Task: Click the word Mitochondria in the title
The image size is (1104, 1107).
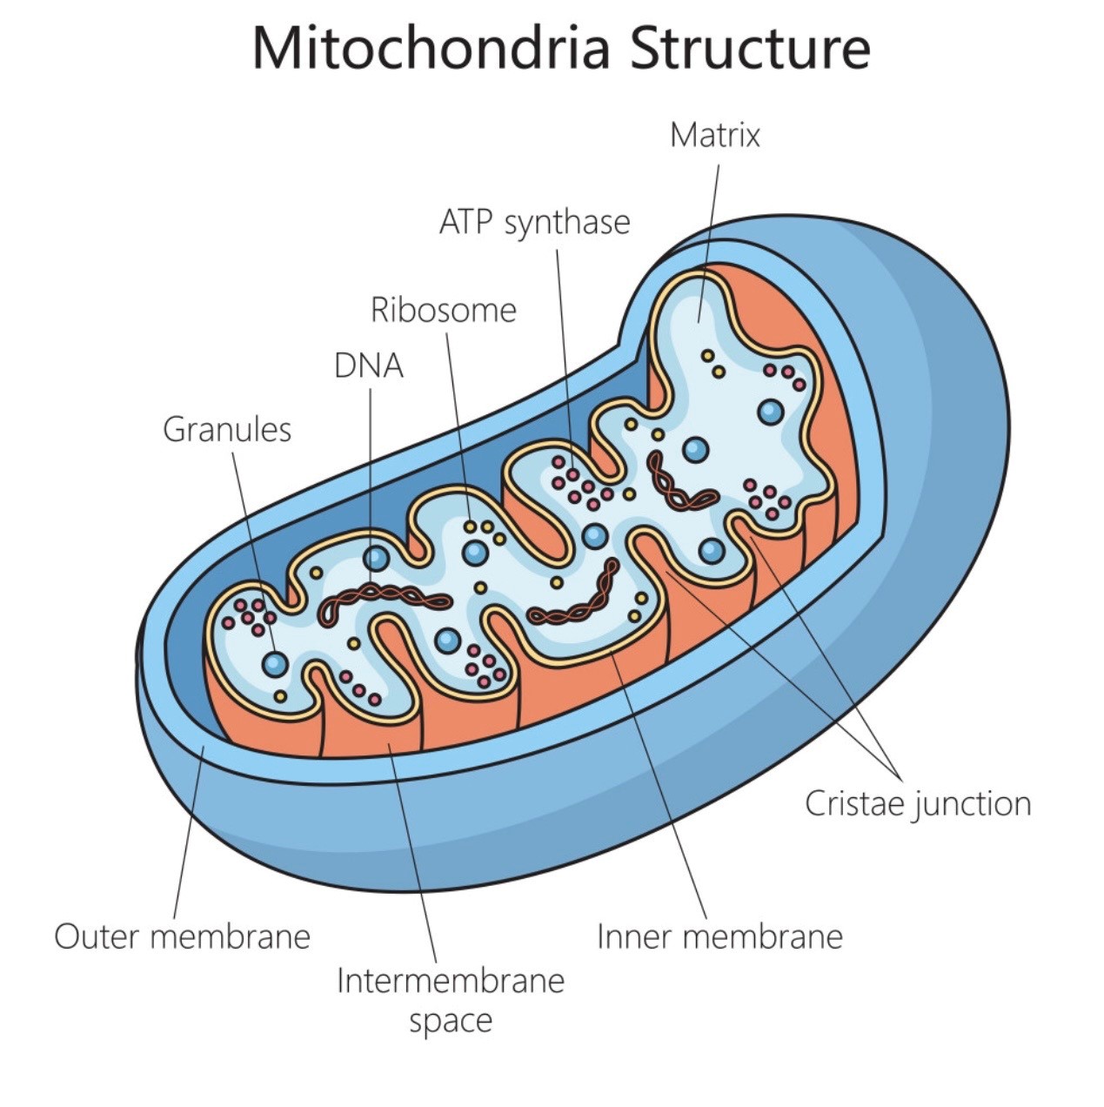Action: [430, 49]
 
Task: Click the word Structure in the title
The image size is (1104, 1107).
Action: [749, 49]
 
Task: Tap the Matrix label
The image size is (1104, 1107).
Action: [714, 135]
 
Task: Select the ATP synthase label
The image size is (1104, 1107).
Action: [534, 222]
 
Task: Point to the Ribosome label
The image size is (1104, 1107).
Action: [443, 310]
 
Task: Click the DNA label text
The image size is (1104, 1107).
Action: [369, 366]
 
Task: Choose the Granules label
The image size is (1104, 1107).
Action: [227, 429]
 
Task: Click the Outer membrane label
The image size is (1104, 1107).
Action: [182, 936]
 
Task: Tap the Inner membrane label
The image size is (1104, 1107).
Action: [719, 936]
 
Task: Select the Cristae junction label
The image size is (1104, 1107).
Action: [918, 803]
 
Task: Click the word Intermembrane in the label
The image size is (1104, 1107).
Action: [451, 981]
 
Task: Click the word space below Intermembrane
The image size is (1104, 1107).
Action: [451, 1020]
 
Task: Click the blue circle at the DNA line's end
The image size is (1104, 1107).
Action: [376, 557]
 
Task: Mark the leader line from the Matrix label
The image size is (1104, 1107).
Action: [709, 235]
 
